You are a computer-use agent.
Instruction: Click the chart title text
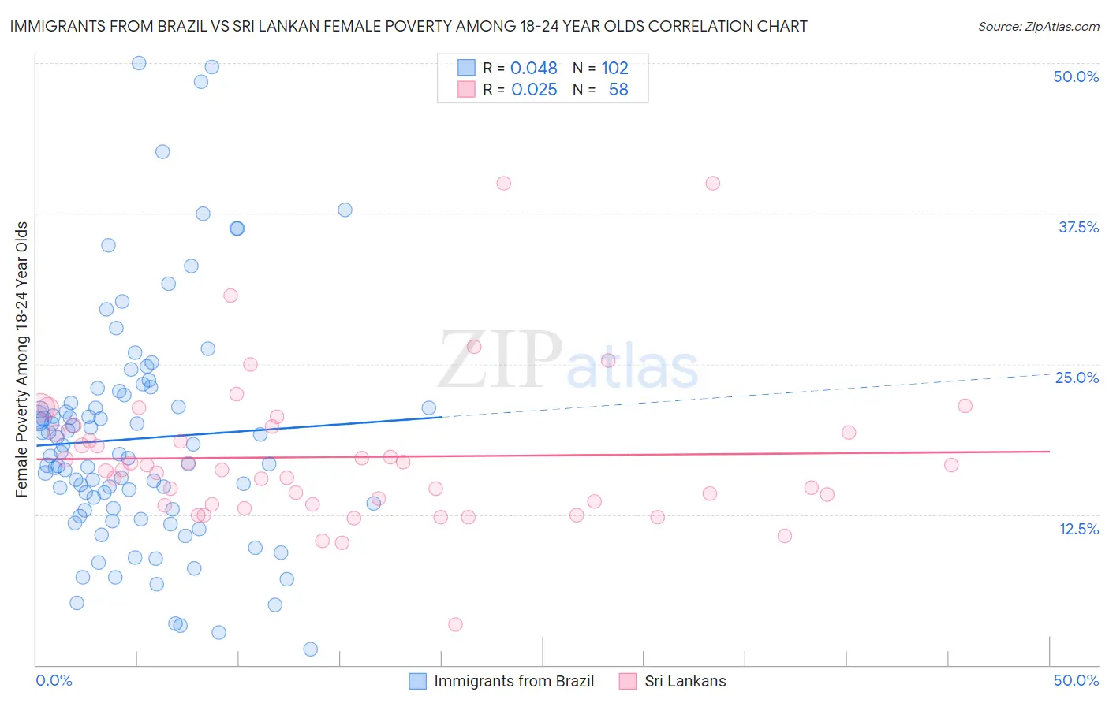pyautogui.click(x=408, y=26)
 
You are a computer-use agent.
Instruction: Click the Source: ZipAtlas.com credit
pyautogui.click(x=1038, y=26)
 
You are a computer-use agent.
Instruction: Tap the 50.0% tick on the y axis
pyautogui.click(x=1076, y=76)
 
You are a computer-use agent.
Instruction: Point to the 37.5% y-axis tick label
pyautogui.click(x=1078, y=227)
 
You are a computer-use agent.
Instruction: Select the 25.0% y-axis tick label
pyautogui.click(x=1077, y=378)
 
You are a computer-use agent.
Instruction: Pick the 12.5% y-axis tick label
pyautogui.click(x=1078, y=528)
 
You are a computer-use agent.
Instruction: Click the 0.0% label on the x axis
pyautogui.click(x=54, y=680)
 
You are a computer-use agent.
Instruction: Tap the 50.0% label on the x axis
pyautogui.click(x=1076, y=680)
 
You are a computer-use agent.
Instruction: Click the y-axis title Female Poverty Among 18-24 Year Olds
pyautogui.click(x=22, y=359)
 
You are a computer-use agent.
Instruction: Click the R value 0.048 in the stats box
pyautogui.click(x=534, y=68)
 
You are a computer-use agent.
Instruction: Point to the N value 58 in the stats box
pyautogui.click(x=618, y=90)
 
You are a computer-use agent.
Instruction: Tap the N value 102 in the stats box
pyautogui.click(x=614, y=68)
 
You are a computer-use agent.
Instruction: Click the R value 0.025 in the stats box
pyautogui.click(x=534, y=90)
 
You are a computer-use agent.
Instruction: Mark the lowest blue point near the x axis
pyautogui.click(x=311, y=649)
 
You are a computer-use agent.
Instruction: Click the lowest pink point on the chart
pyautogui.click(x=455, y=624)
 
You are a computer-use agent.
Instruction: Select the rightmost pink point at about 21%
pyautogui.click(x=965, y=406)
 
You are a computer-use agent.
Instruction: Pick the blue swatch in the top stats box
pyautogui.click(x=466, y=68)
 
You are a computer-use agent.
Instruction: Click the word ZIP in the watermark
pyautogui.click(x=499, y=360)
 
